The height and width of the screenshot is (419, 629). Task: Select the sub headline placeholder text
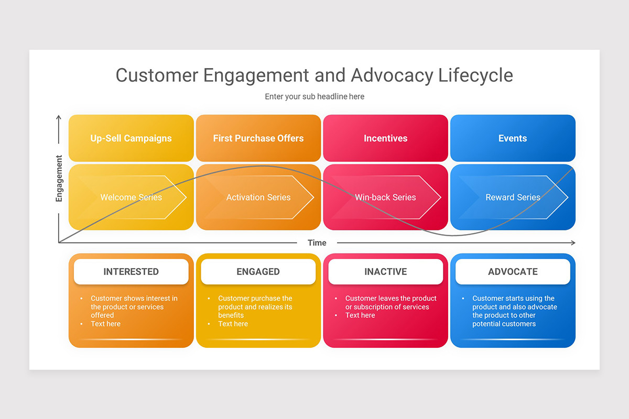click(x=314, y=96)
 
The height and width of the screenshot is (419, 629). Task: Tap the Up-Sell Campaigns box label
click(x=131, y=138)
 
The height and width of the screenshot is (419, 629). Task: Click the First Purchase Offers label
click(x=258, y=138)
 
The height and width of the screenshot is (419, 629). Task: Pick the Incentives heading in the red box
click(x=385, y=138)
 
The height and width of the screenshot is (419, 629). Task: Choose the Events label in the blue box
click(x=513, y=138)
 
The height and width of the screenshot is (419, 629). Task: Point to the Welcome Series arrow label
click(x=131, y=197)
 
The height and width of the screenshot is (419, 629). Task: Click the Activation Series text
click(x=258, y=197)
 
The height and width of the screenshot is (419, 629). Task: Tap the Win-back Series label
click(x=385, y=197)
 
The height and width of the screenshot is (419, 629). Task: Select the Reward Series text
click(x=513, y=197)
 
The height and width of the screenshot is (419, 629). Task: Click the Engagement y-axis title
click(x=59, y=178)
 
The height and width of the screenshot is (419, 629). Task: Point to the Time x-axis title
click(x=317, y=242)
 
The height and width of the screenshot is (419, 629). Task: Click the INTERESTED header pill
click(x=131, y=271)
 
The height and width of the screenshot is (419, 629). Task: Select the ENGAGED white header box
click(x=258, y=271)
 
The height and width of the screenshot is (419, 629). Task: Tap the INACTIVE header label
click(x=385, y=271)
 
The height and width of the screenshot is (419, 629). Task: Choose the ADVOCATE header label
click(x=513, y=271)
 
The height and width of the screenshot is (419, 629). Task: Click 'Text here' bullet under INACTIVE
click(x=360, y=315)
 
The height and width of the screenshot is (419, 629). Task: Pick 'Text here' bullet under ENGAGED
click(x=233, y=324)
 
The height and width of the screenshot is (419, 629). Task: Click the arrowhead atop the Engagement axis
click(x=59, y=117)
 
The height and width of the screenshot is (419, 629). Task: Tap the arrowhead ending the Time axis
click(x=573, y=242)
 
